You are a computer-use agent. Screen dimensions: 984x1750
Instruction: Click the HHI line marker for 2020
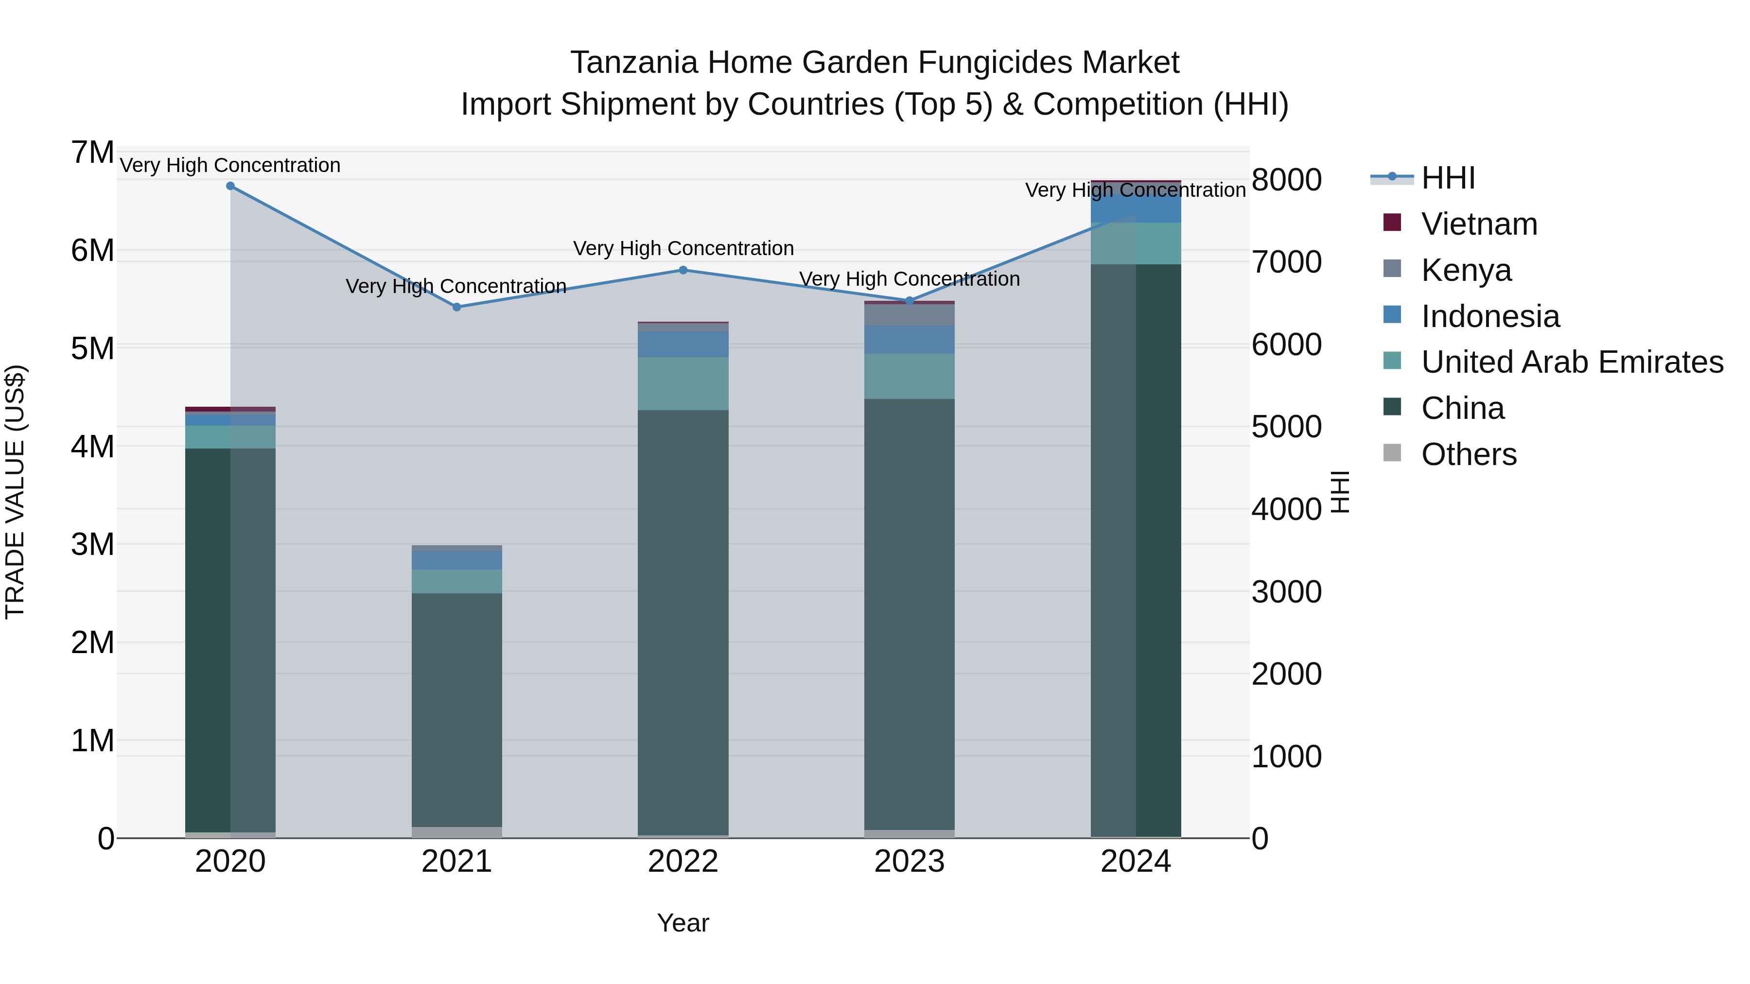coord(230,186)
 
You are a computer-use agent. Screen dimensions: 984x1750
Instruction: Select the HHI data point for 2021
coord(456,307)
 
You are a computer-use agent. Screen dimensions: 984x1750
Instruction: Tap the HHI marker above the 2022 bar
coord(683,270)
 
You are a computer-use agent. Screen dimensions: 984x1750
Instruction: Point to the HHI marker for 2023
coord(910,301)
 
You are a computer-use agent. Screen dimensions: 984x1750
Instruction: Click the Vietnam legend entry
coord(1479,224)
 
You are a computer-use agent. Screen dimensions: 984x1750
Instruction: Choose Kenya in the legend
coord(1466,270)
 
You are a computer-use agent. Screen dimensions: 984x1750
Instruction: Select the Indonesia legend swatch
coord(1392,315)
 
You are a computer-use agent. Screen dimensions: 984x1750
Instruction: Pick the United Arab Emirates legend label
coord(1572,362)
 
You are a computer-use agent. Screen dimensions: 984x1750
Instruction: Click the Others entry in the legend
coord(1469,454)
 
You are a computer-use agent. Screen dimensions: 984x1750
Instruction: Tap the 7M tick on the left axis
coord(92,153)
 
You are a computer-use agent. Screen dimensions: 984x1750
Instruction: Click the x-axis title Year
coord(683,923)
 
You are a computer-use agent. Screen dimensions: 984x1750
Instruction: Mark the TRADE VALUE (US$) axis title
coord(15,492)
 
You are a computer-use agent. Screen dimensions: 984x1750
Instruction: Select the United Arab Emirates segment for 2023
coord(910,376)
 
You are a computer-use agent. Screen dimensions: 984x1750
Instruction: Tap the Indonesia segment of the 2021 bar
coord(456,560)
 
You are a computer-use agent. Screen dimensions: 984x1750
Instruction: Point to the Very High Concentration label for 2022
coord(683,248)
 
